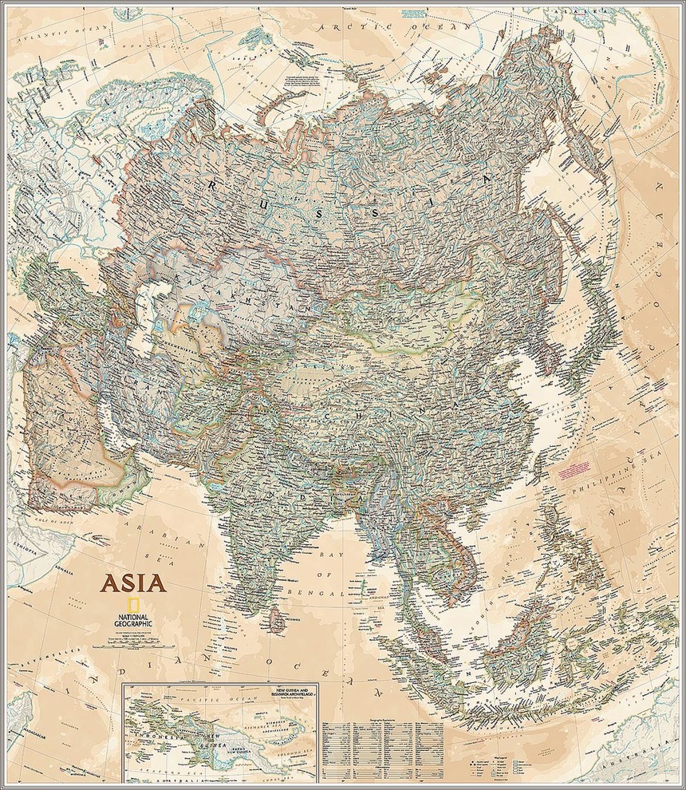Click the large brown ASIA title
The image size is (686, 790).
point(133,582)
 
